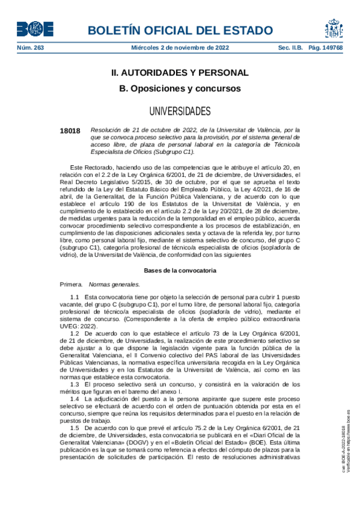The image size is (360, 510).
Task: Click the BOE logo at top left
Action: point(35,29)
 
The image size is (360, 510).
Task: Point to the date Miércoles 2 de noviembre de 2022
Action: point(180,48)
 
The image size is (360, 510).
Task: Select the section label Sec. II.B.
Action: point(290,48)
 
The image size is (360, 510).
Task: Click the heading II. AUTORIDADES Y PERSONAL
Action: point(180,73)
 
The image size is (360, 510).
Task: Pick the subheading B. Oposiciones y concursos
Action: point(180,88)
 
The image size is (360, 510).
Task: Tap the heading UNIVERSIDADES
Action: point(180,111)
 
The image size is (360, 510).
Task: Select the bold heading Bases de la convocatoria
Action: point(180,271)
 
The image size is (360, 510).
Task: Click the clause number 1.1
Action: point(75,297)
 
